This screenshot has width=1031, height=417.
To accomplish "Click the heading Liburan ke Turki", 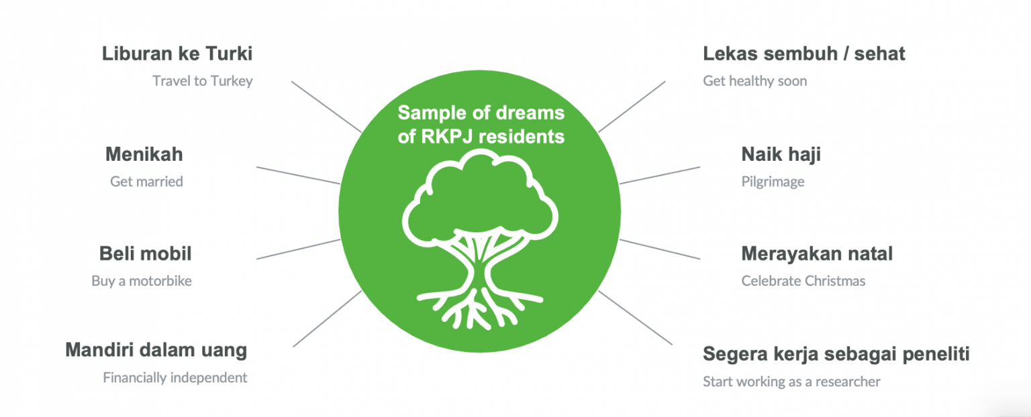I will point(177,54).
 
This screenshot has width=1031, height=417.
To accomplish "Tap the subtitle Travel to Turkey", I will point(202,81).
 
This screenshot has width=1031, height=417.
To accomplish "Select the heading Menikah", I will point(144,154).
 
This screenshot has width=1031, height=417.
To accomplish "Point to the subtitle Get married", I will point(146,182).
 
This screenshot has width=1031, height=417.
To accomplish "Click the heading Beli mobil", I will point(145,254).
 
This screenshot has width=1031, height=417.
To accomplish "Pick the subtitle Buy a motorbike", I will point(142,281).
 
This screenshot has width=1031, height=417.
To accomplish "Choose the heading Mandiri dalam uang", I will point(156,350).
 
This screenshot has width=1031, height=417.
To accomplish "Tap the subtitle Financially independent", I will point(175,377).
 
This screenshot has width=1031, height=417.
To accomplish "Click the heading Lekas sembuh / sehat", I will point(804,54).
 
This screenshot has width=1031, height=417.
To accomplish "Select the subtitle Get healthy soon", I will point(754,81).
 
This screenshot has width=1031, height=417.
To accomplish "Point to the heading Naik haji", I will point(781,154).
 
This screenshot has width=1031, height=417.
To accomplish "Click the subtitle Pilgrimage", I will point(773,182).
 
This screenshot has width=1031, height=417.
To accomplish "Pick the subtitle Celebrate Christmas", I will point(803,281).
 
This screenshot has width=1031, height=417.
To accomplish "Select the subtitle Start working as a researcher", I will point(791,381).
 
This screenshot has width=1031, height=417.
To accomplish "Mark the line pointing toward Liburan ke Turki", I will point(326,107).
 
